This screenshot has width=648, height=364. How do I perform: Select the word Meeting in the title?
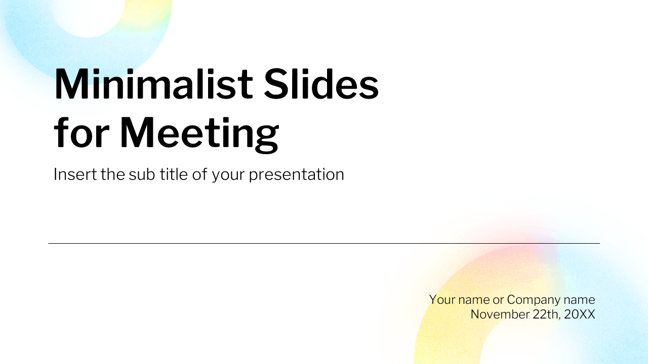coord(199,133)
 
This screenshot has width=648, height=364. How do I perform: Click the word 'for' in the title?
coord(81,133)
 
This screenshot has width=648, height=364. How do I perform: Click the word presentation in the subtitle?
coord(296,174)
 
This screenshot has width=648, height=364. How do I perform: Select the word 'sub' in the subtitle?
coord(139,174)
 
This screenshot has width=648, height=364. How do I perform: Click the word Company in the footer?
coord(531,299)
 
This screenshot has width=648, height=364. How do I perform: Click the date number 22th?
coord(546,314)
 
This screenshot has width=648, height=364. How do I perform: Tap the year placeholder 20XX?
coord(580,314)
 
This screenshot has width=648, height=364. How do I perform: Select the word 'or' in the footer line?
coord(498,299)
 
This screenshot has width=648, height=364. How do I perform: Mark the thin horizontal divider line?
coord(324,243)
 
